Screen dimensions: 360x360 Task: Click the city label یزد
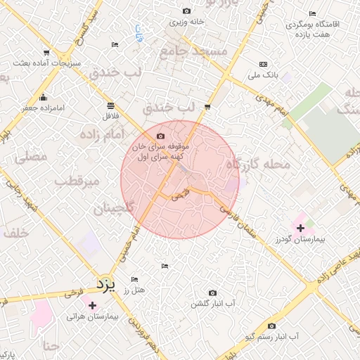[105, 285]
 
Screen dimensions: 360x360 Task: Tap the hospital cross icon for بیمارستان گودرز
[301, 228]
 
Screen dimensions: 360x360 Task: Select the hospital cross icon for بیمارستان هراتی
[91, 305]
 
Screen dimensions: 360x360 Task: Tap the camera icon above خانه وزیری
[186, 11]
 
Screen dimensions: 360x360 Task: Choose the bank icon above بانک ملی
[263, 63]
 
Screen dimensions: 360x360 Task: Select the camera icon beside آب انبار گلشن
[212, 292]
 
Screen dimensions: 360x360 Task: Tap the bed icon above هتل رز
[165, 266]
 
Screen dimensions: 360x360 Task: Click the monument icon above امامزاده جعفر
[44, 97]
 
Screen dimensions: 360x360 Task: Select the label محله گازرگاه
[257, 164]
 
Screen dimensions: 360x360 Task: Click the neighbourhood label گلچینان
[113, 208]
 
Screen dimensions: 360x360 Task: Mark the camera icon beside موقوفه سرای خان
[160, 136]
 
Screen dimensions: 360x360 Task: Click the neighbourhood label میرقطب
[78, 181]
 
